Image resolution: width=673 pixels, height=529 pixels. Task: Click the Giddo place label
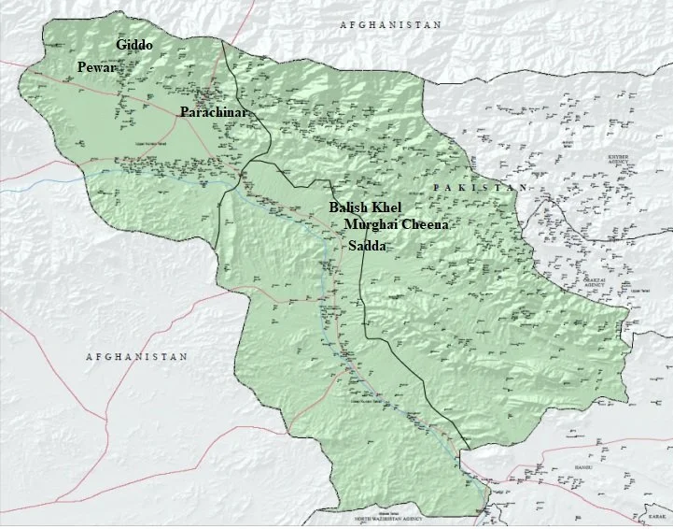134,45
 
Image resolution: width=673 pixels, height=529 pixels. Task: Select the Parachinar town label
217,111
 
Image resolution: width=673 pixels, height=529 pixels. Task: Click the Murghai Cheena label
397,225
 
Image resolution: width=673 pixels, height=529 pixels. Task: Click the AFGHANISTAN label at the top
390,25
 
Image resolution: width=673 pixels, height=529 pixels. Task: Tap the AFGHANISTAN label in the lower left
136,357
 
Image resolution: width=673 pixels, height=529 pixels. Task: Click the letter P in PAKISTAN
437,188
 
